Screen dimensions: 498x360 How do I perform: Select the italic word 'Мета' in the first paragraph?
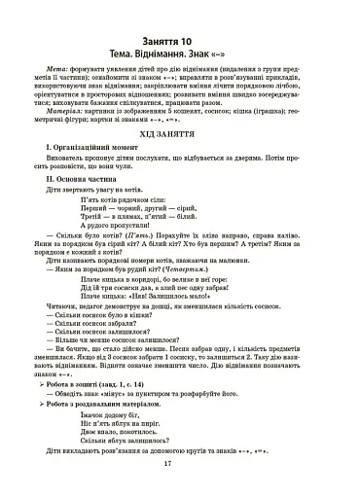point(54,71)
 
